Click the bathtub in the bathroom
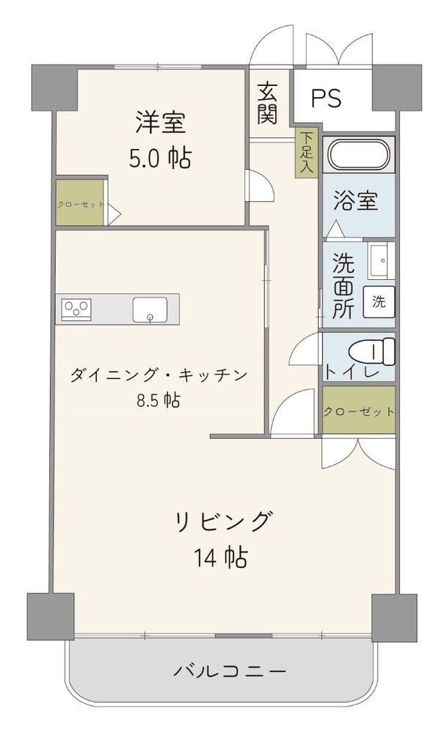359,154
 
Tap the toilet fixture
372,351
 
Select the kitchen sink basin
150,309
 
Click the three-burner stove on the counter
76,309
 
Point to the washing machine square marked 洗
379,302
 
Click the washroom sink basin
381,260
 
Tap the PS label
327,98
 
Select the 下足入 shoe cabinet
306,152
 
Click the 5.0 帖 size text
160,159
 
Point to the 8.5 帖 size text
159,400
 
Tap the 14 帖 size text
221,557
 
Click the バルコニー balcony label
230,672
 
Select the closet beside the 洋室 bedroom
80,204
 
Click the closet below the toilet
359,410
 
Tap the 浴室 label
355,201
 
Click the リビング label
223,521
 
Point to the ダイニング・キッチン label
159,375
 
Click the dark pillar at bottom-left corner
51,616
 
